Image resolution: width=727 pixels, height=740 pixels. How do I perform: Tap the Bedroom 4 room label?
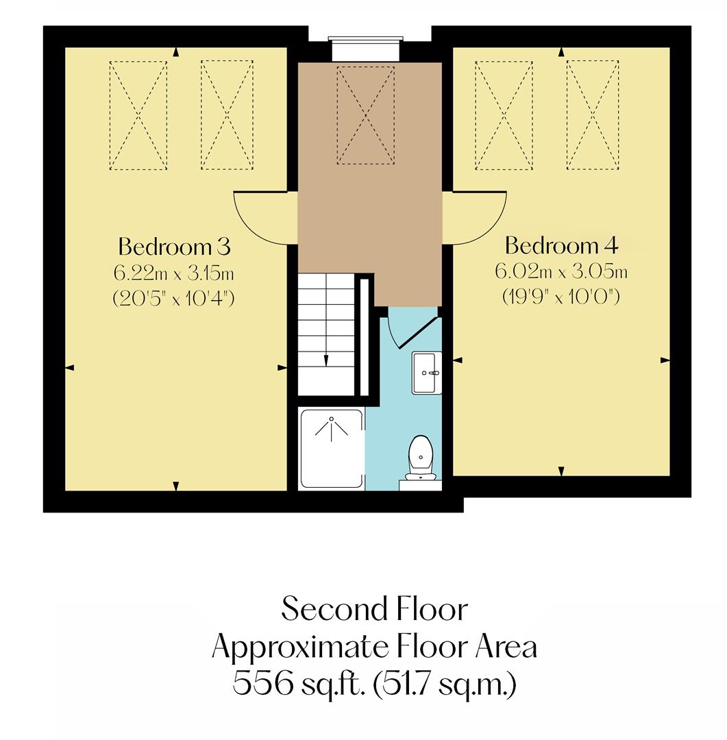tap(561, 245)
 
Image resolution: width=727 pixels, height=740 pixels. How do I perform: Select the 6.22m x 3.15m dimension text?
tap(174, 273)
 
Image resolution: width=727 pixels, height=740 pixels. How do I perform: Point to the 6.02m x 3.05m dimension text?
tap(561, 272)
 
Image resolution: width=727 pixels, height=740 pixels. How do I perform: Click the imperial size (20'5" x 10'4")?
tap(174, 299)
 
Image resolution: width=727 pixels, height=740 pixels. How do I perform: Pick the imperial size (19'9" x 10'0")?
tap(561, 298)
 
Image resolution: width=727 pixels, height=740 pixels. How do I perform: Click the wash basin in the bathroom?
tap(426, 373)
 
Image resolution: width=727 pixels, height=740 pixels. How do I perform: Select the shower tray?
tap(332, 448)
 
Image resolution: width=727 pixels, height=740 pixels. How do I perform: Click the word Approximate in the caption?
tap(311, 646)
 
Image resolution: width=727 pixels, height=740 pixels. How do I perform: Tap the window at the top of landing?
tap(364, 50)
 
